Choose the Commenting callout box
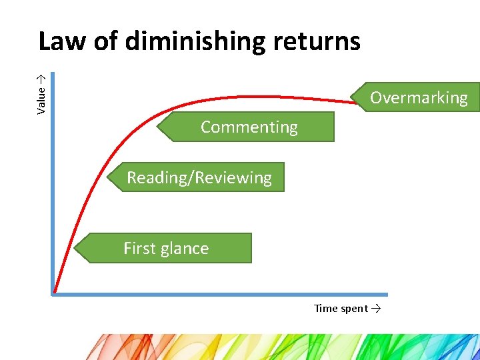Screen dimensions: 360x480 pyautogui.click(x=249, y=127)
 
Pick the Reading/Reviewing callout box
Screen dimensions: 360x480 pyautogui.click(x=199, y=177)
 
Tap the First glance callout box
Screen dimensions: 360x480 pyautogui.click(x=166, y=248)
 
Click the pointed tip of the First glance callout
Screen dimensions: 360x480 pyautogui.click(x=75, y=249)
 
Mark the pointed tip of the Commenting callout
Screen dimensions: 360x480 pyautogui.click(x=157, y=127)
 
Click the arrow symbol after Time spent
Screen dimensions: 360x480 pyautogui.click(x=376, y=308)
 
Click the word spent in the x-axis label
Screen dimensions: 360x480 pyautogui.click(x=354, y=308)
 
